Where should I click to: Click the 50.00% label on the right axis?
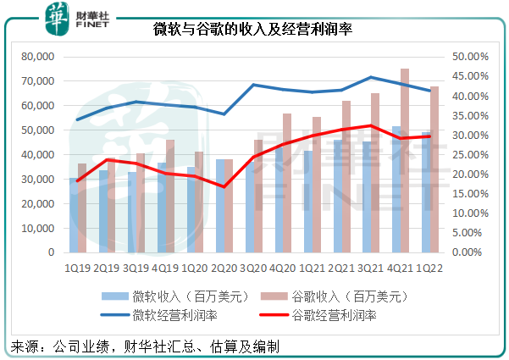(x=468, y=57)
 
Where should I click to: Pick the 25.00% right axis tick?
(x=468, y=155)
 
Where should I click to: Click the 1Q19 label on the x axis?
(x=79, y=268)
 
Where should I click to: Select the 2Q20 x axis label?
(x=223, y=268)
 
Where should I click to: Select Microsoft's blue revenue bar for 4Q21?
(x=396, y=189)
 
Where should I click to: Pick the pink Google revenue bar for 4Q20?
(x=288, y=183)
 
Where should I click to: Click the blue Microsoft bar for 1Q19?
(x=74, y=215)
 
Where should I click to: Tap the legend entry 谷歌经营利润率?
(x=331, y=315)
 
